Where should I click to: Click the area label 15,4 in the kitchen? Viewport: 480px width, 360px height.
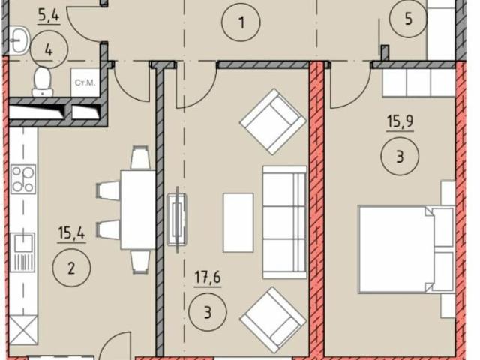coord(72,233)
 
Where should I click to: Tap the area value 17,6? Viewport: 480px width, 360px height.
coord(208,277)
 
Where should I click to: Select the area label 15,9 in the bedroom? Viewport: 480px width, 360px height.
coord(400,121)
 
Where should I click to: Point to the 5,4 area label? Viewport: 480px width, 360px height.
coord(49,16)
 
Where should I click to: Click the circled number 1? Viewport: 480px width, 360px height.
coord(241,22)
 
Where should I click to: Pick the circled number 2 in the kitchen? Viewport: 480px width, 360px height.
coord(71,268)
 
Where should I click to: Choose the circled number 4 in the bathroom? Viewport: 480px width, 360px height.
coord(49,50)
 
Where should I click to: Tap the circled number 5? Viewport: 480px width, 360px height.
coord(408,19)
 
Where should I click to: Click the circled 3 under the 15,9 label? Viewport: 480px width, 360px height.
coord(400,156)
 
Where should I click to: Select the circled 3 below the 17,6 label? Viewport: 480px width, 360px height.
coord(208,312)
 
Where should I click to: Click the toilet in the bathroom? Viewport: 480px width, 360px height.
coord(42,82)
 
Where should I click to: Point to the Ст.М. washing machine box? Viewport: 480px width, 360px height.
coord(85,82)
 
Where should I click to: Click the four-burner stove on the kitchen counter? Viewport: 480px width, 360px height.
coord(23,179)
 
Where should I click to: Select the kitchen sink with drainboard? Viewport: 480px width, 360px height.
coord(22,252)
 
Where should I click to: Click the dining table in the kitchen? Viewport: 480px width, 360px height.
coord(138,210)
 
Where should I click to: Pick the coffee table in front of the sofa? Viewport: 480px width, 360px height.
coord(238,223)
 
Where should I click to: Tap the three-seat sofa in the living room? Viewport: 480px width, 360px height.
coord(285,223)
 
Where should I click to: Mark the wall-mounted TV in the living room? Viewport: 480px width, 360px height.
coord(177,220)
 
